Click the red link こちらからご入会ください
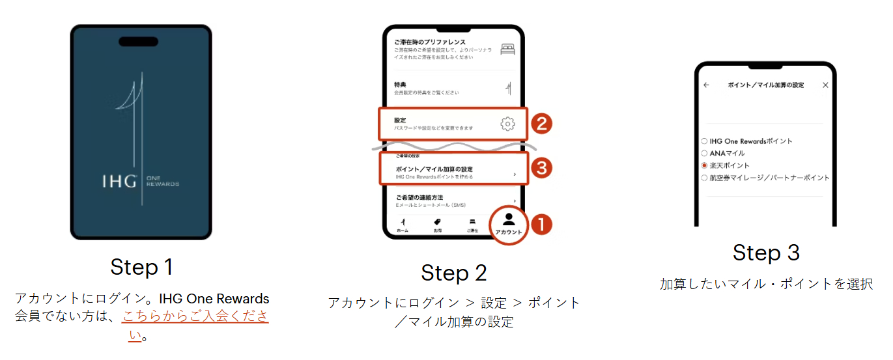pos(195,317)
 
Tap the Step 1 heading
pos(141,267)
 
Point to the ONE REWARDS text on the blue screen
pos(162,182)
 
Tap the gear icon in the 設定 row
pos(507,124)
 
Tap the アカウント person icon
pos(508,219)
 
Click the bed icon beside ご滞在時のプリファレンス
pos(507,49)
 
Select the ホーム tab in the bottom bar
pos(403,225)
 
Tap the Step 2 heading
pos(454,273)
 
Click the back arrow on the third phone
pos(706,85)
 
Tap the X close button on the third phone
pos(825,85)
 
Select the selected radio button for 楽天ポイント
pos(704,165)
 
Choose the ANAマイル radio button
pos(704,154)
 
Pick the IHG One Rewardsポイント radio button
pos(704,141)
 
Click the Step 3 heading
pos(766,253)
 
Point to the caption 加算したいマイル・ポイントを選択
pos(766,284)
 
